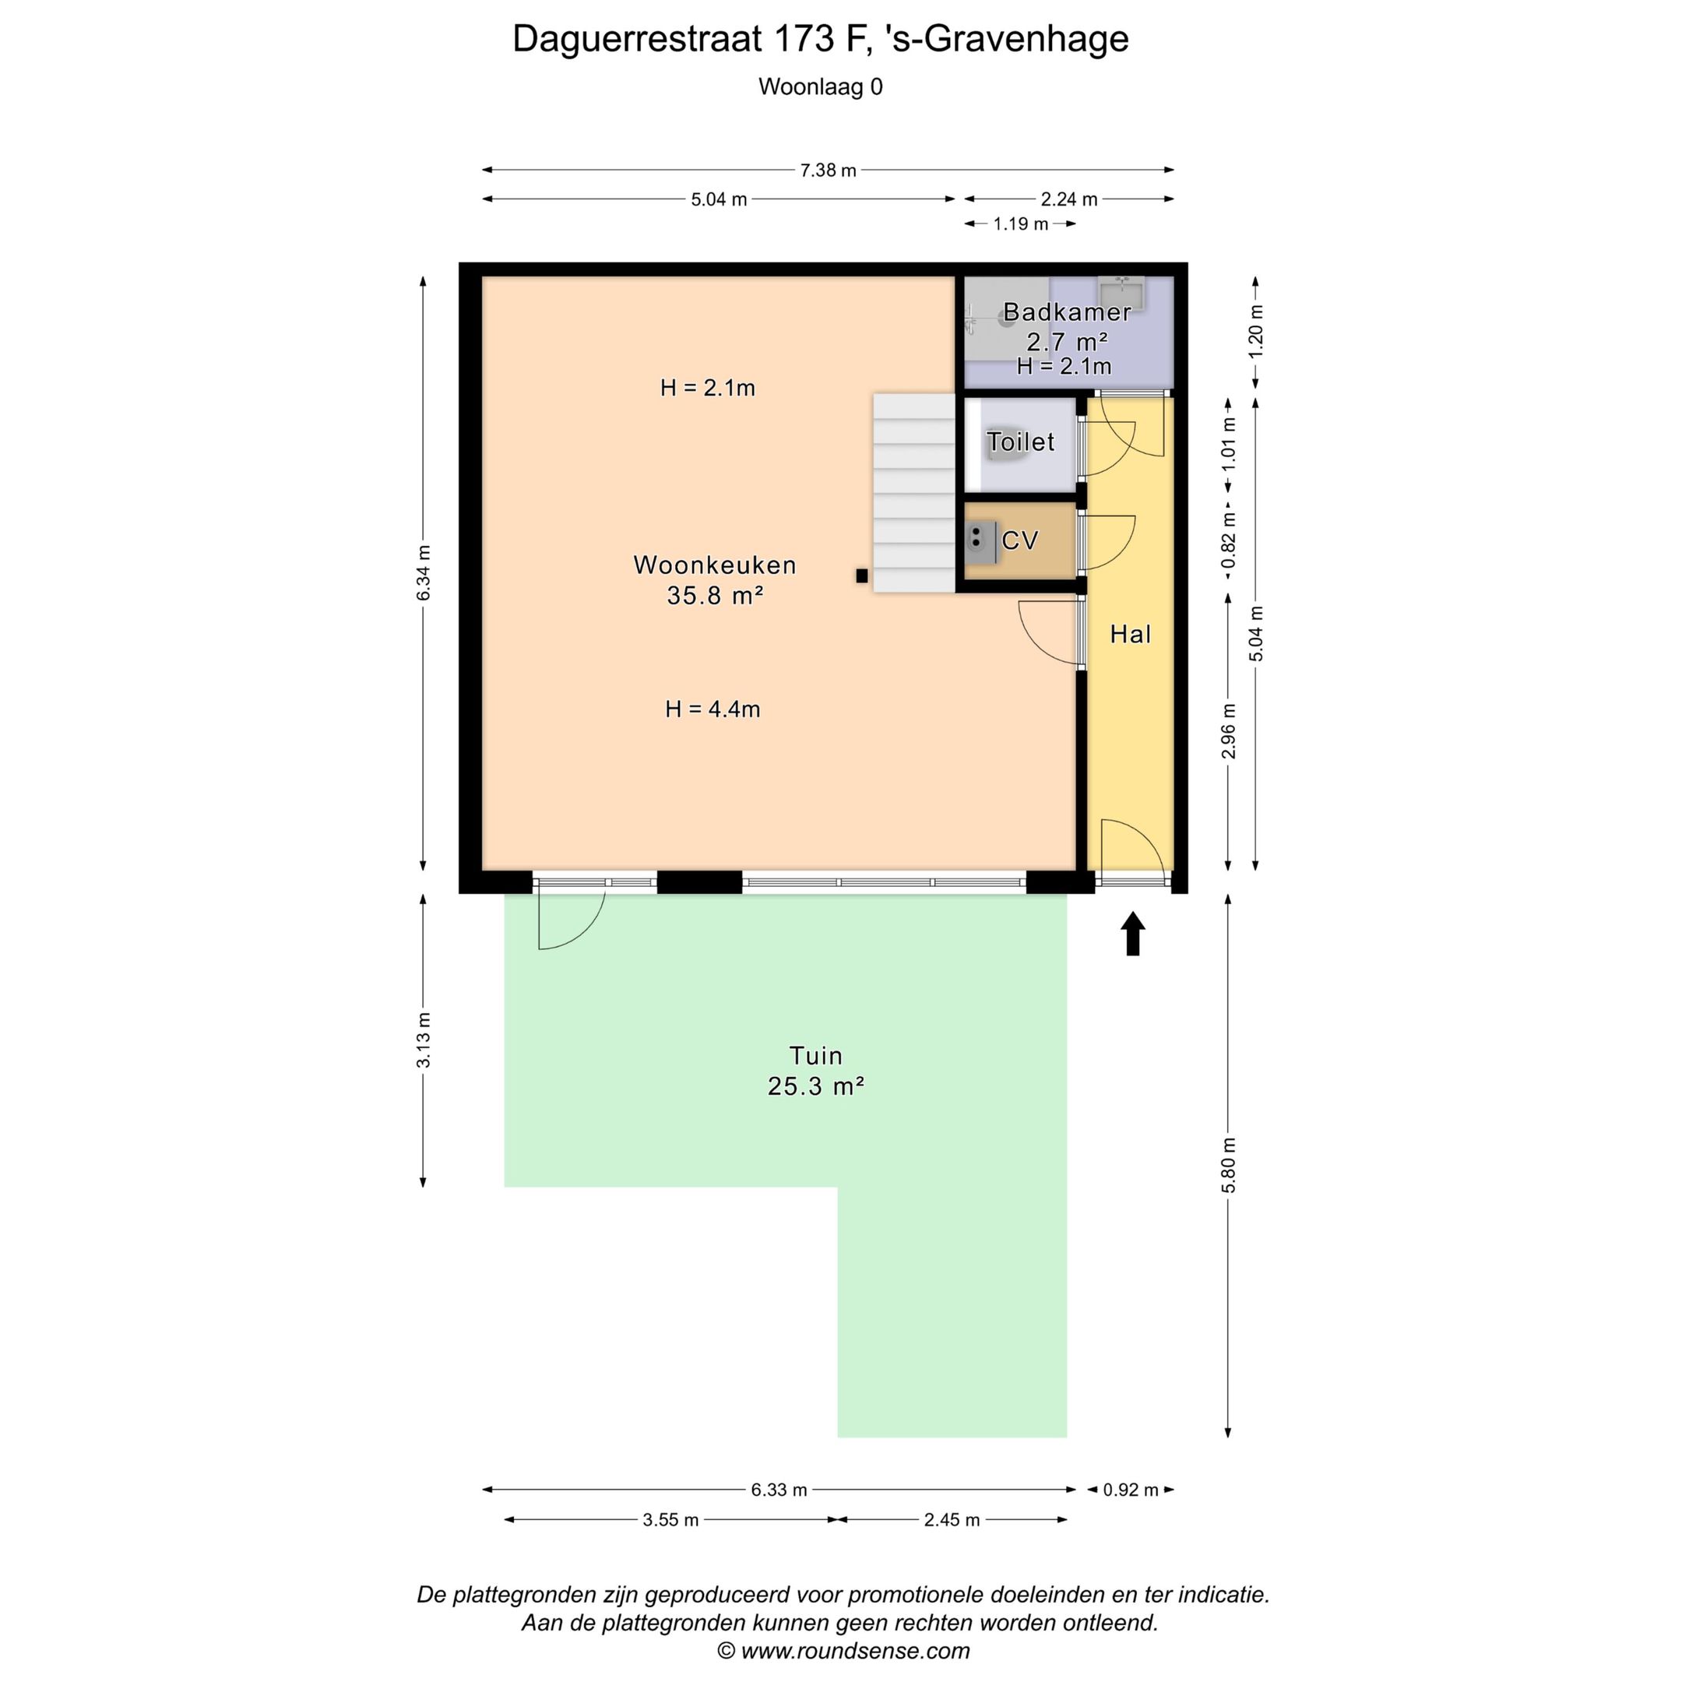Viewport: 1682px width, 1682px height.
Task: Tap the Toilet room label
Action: pyautogui.click(x=1020, y=442)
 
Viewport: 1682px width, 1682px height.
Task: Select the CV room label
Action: pyautogui.click(x=1019, y=540)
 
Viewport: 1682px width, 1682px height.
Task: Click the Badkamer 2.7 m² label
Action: pyautogui.click(x=1067, y=326)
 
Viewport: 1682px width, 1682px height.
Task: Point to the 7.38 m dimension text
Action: pyautogui.click(x=828, y=171)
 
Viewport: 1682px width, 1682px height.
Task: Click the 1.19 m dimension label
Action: pyautogui.click(x=1020, y=224)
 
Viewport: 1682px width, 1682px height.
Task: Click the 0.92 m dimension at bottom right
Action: pyautogui.click(x=1130, y=1490)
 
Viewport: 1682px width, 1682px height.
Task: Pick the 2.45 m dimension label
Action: pyautogui.click(x=952, y=1520)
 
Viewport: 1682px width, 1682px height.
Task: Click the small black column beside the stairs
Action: pyautogui.click(x=861, y=575)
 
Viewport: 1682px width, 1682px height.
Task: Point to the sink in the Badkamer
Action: pyautogui.click(x=1121, y=293)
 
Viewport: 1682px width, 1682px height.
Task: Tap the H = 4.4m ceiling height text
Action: pyautogui.click(x=713, y=709)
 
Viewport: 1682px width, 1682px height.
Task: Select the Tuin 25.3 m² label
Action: pyautogui.click(x=816, y=1071)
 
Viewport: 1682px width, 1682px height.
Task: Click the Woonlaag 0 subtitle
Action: pyautogui.click(x=820, y=87)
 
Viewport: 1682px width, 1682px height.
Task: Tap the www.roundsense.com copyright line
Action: pyautogui.click(x=843, y=1651)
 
